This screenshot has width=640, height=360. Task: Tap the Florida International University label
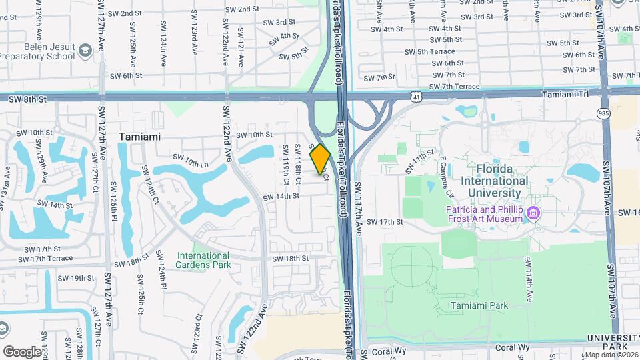click(x=502, y=181)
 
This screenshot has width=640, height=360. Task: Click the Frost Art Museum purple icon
click(x=533, y=213)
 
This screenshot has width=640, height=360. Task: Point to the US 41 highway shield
click(x=415, y=97)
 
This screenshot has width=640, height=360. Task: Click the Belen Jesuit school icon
click(x=85, y=51)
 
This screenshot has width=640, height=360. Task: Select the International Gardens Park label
click(x=203, y=260)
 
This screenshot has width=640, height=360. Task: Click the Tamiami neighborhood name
click(x=141, y=137)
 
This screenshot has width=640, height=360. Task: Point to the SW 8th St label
click(x=28, y=99)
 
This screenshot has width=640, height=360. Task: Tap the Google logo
click(x=22, y=351)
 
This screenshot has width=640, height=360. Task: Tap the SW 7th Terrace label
click(x=454, y=87)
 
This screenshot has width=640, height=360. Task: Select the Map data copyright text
click(x=611, y=354)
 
